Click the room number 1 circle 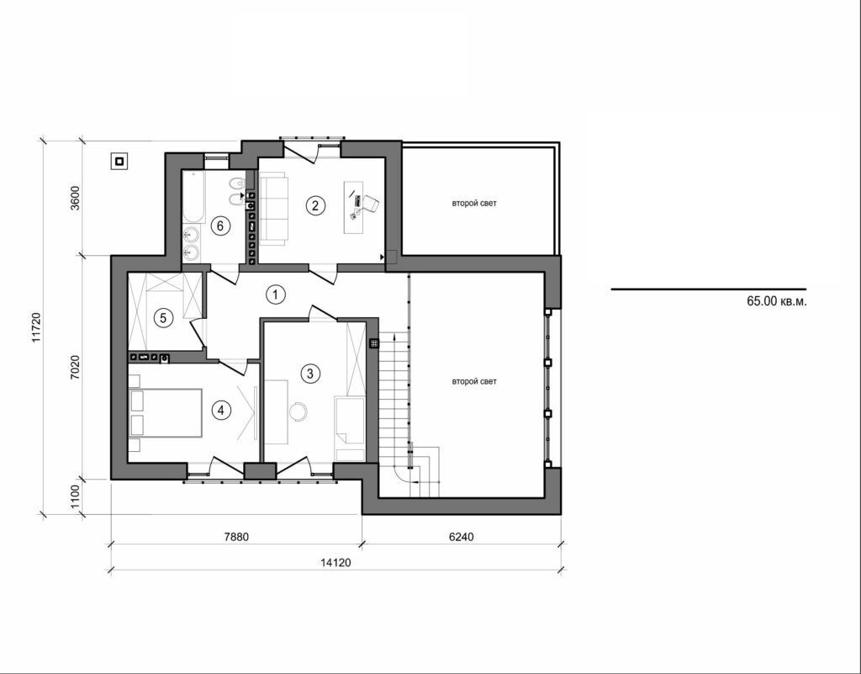click(x=274, y=295)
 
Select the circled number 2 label click(x=314, y=204)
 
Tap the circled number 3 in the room click(x=310, y=373)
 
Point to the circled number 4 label click(x=220, y=411)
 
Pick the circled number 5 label click(x=164, y=317)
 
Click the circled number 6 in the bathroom click(x=219, y=225)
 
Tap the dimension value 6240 click(x=462, y=536)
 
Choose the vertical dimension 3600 click(x=75, y=199)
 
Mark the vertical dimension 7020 click(x=75, y=368)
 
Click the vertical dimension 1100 click(x=75, y=496)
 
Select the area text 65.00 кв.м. click(x=776, y=300)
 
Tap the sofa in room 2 click(x=273, y=207)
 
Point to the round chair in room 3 click(x=299, y=411)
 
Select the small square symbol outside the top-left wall click(x=120, y=162)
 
